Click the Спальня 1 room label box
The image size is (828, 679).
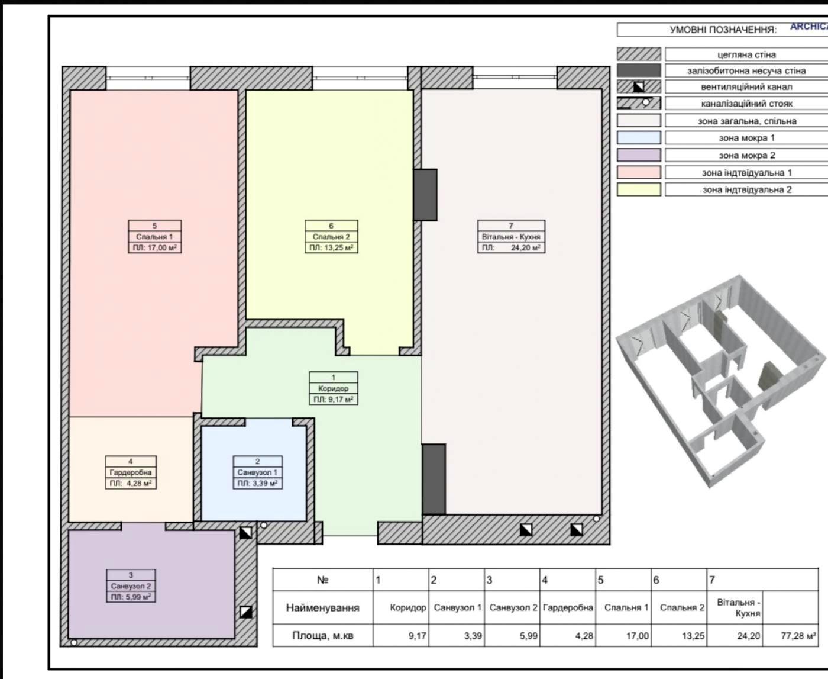tap(155, 237)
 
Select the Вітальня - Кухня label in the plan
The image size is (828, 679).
tap(511, 237)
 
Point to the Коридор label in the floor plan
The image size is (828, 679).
tap(334, 388)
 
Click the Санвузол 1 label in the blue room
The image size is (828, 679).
tap(257, 472)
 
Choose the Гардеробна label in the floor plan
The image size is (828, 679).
tap(131, 472)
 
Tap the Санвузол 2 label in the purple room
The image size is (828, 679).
tap(131, 586)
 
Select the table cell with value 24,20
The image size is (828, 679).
tap(735, 636)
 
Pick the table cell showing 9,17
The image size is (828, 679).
tap(401, 636)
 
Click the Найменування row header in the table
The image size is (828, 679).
tap(323, 608)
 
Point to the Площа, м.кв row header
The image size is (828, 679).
tap(323, 636)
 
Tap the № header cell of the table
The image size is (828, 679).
tap(323, 580)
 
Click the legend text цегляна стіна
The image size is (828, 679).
tap(747, 54)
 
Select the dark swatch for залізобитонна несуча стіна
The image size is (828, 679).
tap(639, 70)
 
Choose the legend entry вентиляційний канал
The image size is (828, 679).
tap(747, 87)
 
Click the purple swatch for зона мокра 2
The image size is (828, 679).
tap(639, 155)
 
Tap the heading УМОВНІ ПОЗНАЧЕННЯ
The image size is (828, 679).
tap(723, 30)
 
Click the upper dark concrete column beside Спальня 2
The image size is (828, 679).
tap(425, 195)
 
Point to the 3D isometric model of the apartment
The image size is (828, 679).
tap(720, 381)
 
